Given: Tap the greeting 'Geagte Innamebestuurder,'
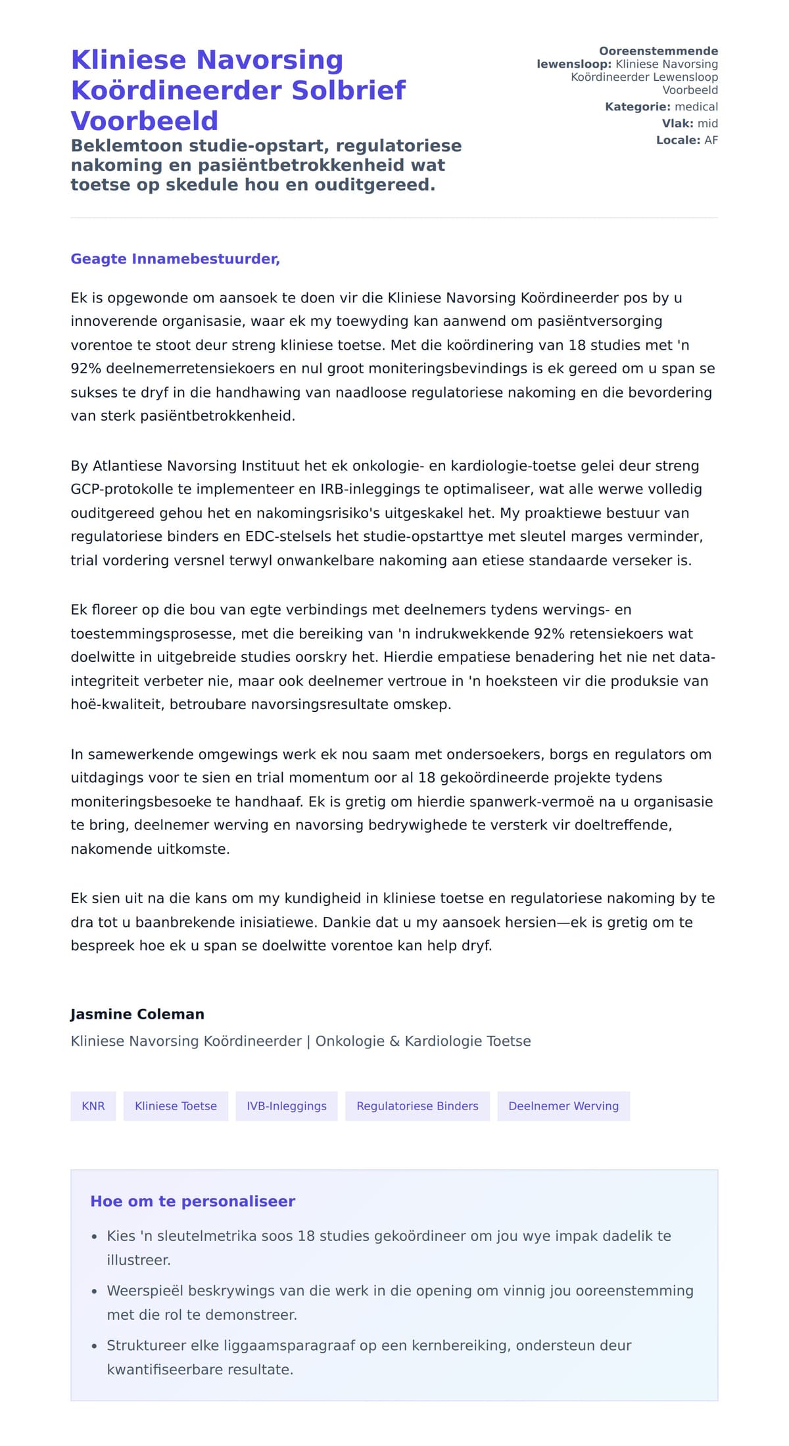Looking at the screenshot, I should tap(175, 259).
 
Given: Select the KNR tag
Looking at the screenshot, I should tap(93, 1106).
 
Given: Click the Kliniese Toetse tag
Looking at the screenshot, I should tap(176, 1106).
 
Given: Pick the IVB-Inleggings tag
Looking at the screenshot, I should tap(286, 1106).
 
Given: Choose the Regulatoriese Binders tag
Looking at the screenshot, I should tap(417, 1106).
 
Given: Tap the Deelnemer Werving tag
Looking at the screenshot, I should tap(563, 1106).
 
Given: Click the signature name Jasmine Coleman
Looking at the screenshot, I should tap(137, 1014).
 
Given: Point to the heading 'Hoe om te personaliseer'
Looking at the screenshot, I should tap(193, 1201).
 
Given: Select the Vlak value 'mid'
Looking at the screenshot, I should tap(707, 124).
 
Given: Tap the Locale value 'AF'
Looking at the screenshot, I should tap(711, 140).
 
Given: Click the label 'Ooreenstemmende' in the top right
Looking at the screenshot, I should tap(658, 51).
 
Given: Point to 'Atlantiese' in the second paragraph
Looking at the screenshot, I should tap(128, 466).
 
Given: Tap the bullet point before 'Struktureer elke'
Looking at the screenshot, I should tap(95, 1346).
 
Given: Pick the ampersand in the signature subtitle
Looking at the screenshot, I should tap(394, 1041).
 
